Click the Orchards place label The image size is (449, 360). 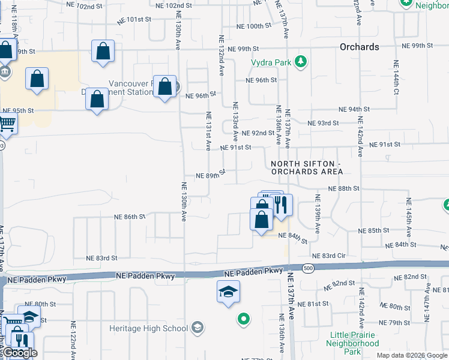pos(359,47)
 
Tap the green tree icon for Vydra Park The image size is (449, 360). pos(301,62)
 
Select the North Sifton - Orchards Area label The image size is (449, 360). pos(307,167)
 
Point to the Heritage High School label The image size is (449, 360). pos(148,328)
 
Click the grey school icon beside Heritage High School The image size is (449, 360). pos(197,328)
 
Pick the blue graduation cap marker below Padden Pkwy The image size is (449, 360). pos(228,292)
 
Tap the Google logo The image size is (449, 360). pos(20,353)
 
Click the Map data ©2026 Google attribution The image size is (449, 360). pos(411,355)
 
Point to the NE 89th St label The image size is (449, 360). pos(211,175)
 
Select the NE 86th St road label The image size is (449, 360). pos(130,217)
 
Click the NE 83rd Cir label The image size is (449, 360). pos(329,256)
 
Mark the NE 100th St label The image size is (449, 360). pos(255,26)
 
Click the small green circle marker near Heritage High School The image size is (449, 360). pos(243,319)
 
